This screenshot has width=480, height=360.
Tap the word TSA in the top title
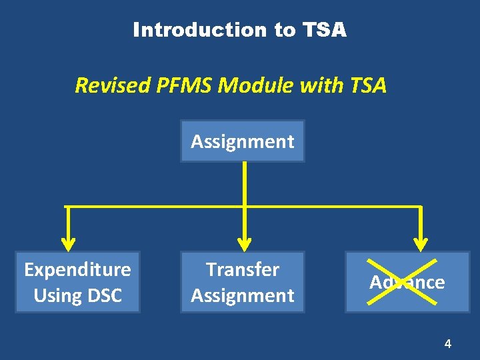coord(325,30)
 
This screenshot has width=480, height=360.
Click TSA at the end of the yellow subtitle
coord(365,85)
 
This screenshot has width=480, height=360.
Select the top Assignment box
coord(242,141)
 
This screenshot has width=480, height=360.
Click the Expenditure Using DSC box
coord(77,282)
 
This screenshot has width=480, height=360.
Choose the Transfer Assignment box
coord(242,282)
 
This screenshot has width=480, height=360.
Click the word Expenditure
coord(77,269)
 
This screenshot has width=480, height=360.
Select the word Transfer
coord(242,269)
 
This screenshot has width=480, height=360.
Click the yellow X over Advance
coord(407,282)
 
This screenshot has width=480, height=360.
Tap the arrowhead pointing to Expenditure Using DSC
coord(67,240)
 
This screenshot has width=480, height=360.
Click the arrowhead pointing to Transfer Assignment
coord(245,240)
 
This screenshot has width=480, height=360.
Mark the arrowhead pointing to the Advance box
coord(421,240)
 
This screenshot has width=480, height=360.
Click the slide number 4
coord(447,344)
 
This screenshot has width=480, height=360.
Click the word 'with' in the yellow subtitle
coord(321,85)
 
